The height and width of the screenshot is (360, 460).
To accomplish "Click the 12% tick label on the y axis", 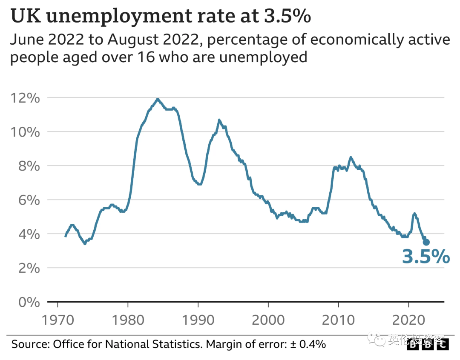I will [25, 98].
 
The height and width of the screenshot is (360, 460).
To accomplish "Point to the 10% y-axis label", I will [25, 132].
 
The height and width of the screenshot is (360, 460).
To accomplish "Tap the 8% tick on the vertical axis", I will [28, 166].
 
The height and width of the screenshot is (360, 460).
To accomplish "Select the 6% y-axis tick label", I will [28, 200].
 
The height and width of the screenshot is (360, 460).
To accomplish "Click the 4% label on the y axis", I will [28, 234].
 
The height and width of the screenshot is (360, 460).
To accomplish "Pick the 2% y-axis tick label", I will [28, 268].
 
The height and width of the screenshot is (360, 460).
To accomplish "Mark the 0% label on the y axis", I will [28, 302].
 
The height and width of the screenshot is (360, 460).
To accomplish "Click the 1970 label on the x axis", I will [57, 320].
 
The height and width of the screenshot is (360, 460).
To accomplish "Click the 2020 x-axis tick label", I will [409, 320].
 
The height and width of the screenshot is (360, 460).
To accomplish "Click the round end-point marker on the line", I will [426, 242].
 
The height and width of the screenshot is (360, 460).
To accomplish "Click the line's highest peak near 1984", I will [158, 99].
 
